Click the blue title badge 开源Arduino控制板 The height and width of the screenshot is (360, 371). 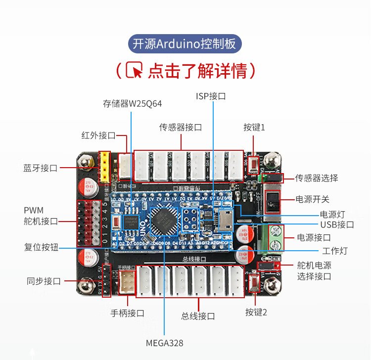click(185, 44)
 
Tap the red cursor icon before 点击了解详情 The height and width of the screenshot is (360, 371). click(134, 70)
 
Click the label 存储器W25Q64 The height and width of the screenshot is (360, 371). click(132, 104)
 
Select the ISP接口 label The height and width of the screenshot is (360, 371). click(211, 96)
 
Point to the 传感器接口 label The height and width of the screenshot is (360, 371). click(181, 127)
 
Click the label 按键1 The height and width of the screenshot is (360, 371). click(254, 127)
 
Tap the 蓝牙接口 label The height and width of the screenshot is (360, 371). click(40, 168)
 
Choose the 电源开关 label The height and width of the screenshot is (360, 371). click(312, 200)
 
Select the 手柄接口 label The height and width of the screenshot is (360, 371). click(127, 313)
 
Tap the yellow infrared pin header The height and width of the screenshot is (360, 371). click(105, 166)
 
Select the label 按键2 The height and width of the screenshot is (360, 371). click(256, 312)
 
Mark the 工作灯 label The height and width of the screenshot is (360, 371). click(335, 251)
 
